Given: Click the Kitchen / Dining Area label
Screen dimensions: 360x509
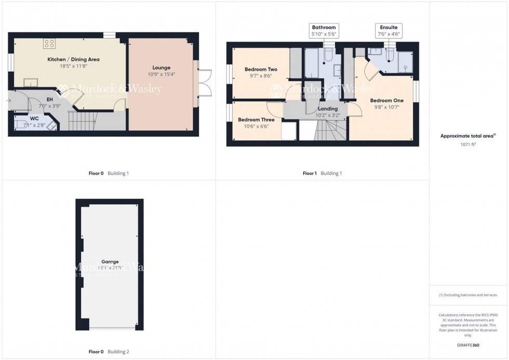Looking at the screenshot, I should coord(73,60).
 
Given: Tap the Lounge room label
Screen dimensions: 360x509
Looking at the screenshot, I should coord(162,68).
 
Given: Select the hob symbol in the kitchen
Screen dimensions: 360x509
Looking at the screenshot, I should coord(50,44).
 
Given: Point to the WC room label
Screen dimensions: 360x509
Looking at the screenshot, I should coord(34,118).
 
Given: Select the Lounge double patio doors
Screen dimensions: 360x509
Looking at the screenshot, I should coord(203,83).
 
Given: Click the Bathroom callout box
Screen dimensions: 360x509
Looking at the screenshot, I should coord(324,30).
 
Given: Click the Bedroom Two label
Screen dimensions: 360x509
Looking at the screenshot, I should coord(261,69).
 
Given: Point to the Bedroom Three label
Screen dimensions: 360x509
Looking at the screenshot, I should coord(256,119).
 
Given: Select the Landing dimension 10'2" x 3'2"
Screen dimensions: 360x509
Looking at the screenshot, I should coord(328,115).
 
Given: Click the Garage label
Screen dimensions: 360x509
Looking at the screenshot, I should coord(110,261).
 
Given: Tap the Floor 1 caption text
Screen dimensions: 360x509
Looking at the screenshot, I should coord(310,173).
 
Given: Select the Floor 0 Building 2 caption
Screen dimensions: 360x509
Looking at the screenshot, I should coord(109,352).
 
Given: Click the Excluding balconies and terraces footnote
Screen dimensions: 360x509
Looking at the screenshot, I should coord(468,295).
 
